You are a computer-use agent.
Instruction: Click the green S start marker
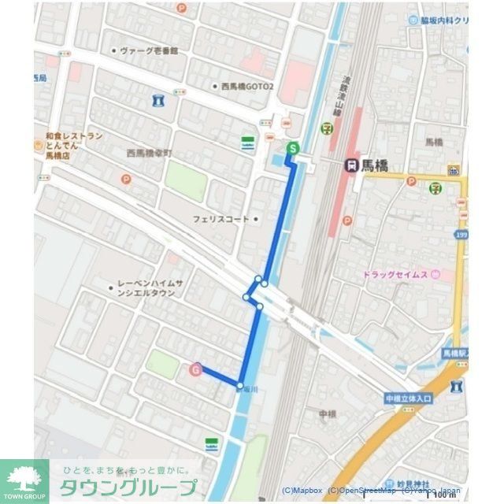(293, 147)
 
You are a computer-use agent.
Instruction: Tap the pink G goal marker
(196, 369)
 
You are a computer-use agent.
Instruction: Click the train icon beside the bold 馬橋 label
(351, 165)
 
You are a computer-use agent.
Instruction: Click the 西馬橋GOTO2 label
(247, 86)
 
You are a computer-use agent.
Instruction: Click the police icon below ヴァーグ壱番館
(159, 100)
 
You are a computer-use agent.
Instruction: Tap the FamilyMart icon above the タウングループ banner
(211, 445)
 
